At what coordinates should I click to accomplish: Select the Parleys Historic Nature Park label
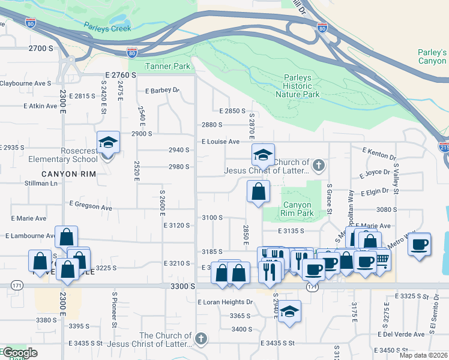[x=297, y=86]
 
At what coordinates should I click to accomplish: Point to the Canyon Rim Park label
[x=297, y=208]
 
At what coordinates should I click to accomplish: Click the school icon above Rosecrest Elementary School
[x=108, y=143]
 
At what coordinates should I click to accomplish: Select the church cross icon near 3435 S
[x=200, y=340]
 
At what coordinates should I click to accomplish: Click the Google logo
[x=19, y=353]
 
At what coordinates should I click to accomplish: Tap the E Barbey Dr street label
[x=163, y=91]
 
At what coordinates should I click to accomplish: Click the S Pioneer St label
[x=114, y=317]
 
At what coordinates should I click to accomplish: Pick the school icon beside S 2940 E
[x=289, y=311]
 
